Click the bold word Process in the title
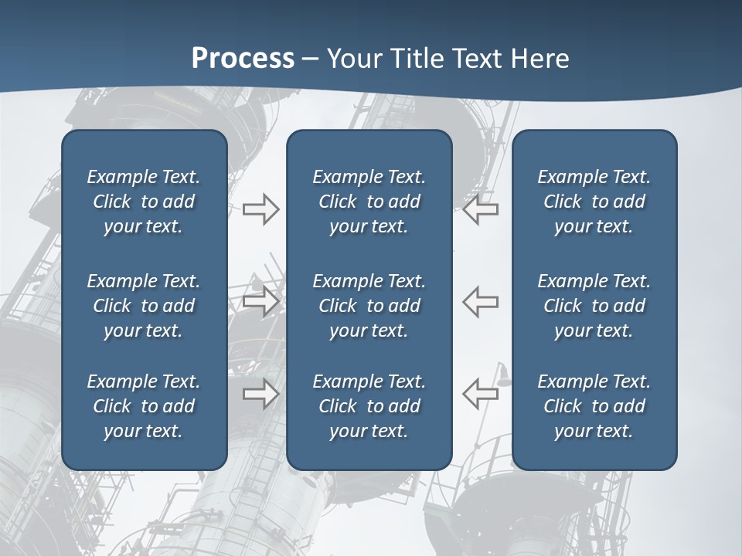[243, 59]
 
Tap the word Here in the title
[539, 59]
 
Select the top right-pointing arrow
[261, 209]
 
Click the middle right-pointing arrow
[261, 301]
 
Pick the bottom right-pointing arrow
[261, 394]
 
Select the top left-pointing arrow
[481, 209]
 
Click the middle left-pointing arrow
[481, 301]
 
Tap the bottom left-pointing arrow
[481, 394]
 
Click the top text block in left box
[144, 202]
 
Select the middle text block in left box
[144, 306]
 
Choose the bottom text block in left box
[144, 406]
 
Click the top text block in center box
[369, 202]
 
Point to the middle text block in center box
[369, 306]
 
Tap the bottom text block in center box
[369, 406]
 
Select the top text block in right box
[594, 202]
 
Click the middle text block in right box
[594, 306]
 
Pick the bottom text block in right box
[594, 406]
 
